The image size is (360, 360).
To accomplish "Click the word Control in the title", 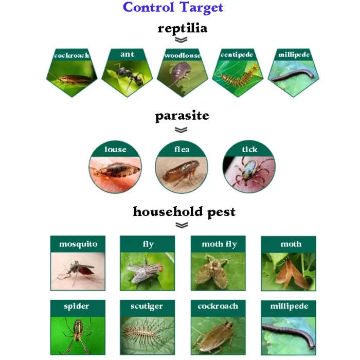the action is click(x=148, y=7).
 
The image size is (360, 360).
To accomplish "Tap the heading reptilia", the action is click(x=182, y=29).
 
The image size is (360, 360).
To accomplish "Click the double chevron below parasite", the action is click(x=181, y=130).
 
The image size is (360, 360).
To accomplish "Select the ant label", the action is click(x=127, y=54).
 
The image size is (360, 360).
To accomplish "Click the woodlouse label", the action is click(x=183, y=56).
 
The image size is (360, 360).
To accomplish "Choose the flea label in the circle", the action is click(x=182, y=150).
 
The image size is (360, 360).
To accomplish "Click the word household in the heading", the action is click(x=168, y=211).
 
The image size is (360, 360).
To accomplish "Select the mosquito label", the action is click(x=78, y=244).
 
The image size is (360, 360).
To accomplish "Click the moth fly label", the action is click(x=219, y=244).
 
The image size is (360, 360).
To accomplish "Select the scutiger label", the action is click(x=147, y=306).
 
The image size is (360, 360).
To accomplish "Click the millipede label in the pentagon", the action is click(x=294, y=55).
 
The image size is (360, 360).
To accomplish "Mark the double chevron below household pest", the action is click(x=182, y=225).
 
